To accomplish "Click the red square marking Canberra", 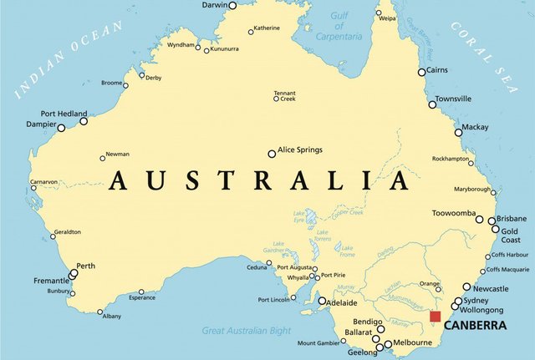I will (435, 316).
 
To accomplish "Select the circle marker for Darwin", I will (232, 5).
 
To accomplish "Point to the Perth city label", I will (86, 266).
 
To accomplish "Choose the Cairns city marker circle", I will (421, 72).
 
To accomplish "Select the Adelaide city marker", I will (322, 301).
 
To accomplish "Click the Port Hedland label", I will (60, 114).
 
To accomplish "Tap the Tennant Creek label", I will (285, 95).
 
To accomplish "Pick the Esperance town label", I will (142, 297).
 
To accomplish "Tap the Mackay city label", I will (475, 127).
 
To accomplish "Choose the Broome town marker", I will (128, 84).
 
